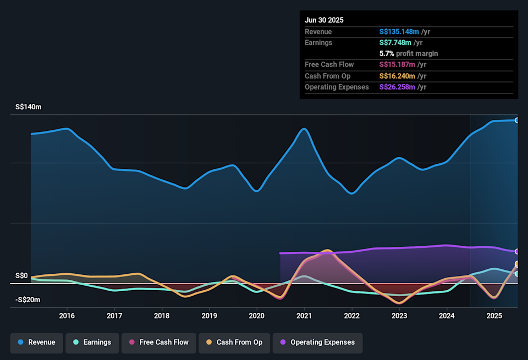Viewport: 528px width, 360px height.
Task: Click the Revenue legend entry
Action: [x=37, y=342]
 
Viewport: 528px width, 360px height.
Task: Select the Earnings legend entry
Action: [x=92, y=342]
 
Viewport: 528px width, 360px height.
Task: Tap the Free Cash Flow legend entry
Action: [x=158, y=342]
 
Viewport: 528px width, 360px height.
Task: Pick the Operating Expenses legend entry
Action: [x=318, y=342]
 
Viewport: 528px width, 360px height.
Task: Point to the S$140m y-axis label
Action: [x=28, y=107]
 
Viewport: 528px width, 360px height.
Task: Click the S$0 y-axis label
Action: [x=21, y=275]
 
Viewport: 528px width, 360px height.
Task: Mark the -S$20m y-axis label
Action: [x=28, y=300]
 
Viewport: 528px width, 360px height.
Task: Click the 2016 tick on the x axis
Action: [x=67, y=315]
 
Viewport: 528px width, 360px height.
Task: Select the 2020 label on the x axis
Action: [x=257, y=315]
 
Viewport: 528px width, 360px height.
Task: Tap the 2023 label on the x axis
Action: [x=399, y=315]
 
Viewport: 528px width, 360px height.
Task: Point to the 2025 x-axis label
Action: [x=494, y=315]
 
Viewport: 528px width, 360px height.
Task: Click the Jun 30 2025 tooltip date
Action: [x=324, y=20]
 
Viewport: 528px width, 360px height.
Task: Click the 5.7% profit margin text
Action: [x=409, y=54]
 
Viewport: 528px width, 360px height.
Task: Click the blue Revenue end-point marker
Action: [x=517, y=120]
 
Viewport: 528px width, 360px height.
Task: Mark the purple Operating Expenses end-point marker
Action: [x=517, y=251]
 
